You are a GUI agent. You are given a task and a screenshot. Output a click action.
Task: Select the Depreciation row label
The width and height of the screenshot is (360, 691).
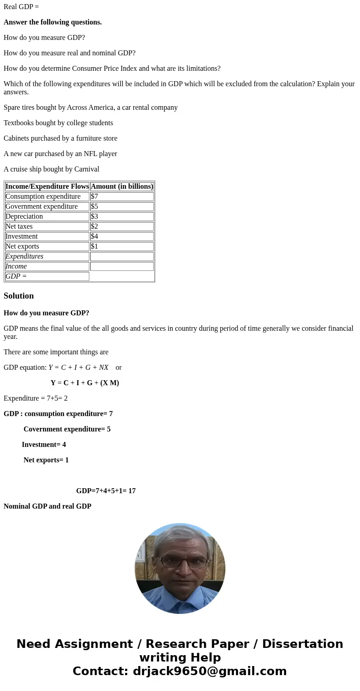coord(24,216)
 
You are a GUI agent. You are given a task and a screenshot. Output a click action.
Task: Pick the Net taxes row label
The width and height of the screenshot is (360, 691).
coord(19,226)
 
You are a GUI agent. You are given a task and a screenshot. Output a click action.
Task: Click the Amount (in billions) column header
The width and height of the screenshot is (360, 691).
coord(122,186)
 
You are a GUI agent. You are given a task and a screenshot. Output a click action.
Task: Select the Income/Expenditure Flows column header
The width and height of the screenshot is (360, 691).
coord(47,186)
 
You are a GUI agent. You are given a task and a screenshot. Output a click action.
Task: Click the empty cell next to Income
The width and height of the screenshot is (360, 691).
coord(122,266)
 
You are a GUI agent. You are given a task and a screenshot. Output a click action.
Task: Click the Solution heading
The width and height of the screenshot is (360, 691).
coord(19,296)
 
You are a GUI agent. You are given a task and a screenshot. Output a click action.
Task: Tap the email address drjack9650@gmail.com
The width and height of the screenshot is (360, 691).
coord(209,671)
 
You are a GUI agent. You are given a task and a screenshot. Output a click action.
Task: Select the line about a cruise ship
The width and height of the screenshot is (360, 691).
coord(51,169)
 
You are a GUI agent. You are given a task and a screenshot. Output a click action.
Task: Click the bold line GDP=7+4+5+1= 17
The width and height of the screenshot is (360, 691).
coord(106,491)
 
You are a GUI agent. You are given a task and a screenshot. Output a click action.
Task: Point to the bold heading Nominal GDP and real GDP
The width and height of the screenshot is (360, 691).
coord(47,506)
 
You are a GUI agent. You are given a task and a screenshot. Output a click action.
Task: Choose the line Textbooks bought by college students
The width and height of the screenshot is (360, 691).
coord(58,123)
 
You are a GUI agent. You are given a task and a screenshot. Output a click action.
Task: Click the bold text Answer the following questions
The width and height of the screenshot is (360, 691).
coord(53,22)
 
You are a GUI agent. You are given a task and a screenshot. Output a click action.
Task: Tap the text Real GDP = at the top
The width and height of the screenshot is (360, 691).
coord(21,7)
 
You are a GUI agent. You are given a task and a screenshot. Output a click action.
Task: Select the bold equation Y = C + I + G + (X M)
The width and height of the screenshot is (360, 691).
coord(85,383)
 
